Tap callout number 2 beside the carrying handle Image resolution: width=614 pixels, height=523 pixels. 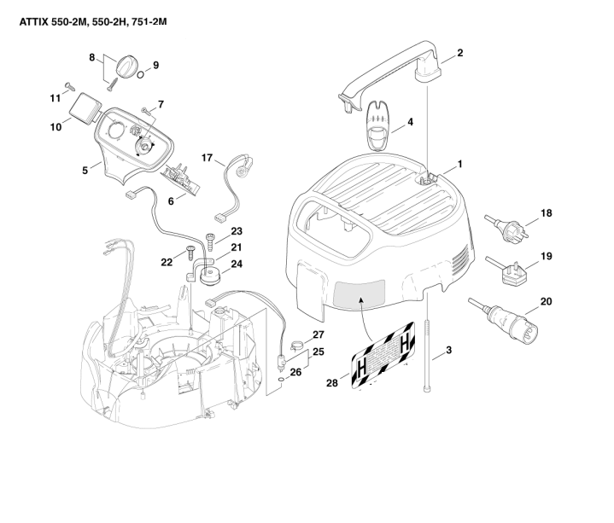(x=460, y=53)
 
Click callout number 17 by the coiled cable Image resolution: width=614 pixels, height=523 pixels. (x=207, y=158)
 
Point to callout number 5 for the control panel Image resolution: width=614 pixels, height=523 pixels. (x=85, y=171)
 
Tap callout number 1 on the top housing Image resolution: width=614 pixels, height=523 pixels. (x=459, y=162)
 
